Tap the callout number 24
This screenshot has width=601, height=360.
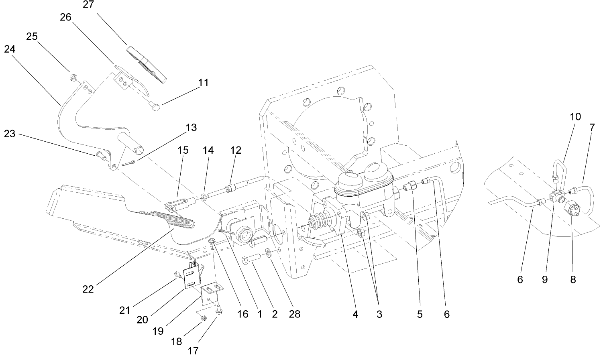[x=10, y=49]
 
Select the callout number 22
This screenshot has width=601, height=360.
[x=88, y=289]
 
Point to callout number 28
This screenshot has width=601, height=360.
[x=294, y=314]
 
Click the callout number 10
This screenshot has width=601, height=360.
[x=575, y=117]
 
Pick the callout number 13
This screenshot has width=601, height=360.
[x=191, y=128]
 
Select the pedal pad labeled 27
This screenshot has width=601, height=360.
[x=146, y=64]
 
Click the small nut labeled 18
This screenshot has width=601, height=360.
[x=203, y=319]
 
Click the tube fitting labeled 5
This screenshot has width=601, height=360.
[x=409, y=187]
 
